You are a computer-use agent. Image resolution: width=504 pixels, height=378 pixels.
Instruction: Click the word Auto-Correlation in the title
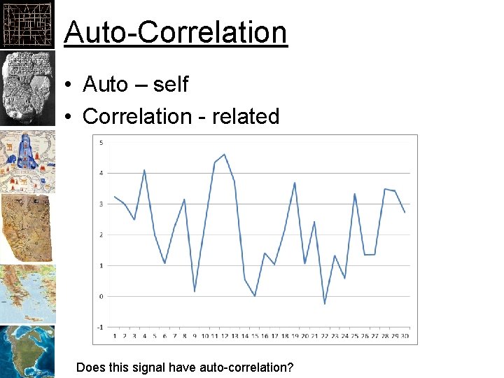pos(175,32)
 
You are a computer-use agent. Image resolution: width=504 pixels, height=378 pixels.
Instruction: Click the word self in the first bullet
pos(171,85)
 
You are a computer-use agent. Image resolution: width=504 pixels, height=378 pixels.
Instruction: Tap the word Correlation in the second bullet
pos(134,116)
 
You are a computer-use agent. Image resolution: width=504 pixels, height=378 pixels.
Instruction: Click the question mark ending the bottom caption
pos(290,367)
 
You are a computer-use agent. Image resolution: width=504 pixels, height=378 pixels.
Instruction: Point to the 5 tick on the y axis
pos(101,143)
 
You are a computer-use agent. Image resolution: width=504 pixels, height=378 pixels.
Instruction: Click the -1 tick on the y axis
pos(101,327)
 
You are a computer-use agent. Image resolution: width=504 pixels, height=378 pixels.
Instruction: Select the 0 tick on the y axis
pos(101,296)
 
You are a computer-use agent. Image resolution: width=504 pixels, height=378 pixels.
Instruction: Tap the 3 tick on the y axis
pos(101,204)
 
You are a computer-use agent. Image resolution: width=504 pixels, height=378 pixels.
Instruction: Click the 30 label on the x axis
pos(405,337)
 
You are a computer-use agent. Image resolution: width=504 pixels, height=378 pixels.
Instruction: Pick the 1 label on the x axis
pos(115,337)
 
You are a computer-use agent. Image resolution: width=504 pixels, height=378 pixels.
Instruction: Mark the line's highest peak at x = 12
pos(224,154)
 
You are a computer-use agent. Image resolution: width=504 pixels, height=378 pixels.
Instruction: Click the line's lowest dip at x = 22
pos(324,304)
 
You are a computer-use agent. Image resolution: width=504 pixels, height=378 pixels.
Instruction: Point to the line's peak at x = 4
pos(144,169)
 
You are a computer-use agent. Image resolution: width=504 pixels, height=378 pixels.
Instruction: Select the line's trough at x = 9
pos(195,290)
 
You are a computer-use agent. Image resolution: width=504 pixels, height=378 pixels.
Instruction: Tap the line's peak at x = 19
pos(295,182)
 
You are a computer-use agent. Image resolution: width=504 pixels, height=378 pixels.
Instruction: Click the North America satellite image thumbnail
pos(27,351)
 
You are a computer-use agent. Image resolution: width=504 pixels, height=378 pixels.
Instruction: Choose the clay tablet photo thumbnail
pos(27,87)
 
